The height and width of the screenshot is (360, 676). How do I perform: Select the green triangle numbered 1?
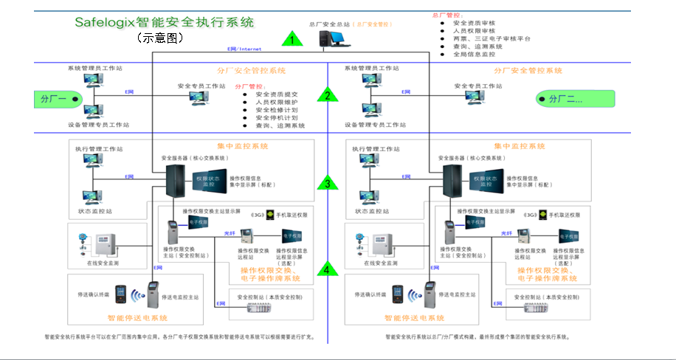point(293,40)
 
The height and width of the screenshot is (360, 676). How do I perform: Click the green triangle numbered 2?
point(328,94)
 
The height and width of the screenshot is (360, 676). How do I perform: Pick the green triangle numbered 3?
point(328,184)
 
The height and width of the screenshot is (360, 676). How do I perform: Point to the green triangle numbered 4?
point(328,269)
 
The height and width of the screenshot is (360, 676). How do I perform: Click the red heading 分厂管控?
point(249,86)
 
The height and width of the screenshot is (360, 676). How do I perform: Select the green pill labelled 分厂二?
point(567,99)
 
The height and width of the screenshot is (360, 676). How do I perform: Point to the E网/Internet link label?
point(243,49)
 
